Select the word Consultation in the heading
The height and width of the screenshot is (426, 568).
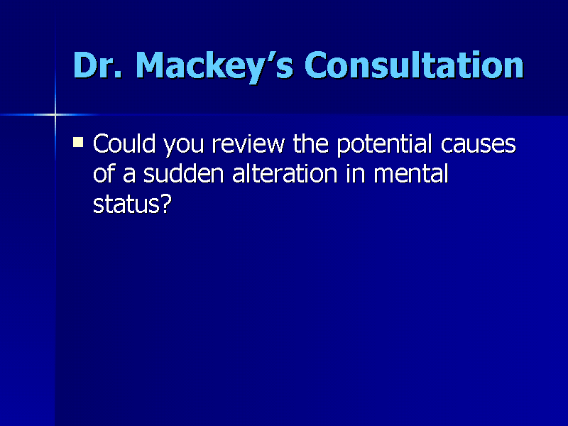point(414,66)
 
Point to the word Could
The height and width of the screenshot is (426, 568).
point(125,144)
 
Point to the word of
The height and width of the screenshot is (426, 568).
point(104,174)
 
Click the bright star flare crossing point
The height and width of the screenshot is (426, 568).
point(55,114)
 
